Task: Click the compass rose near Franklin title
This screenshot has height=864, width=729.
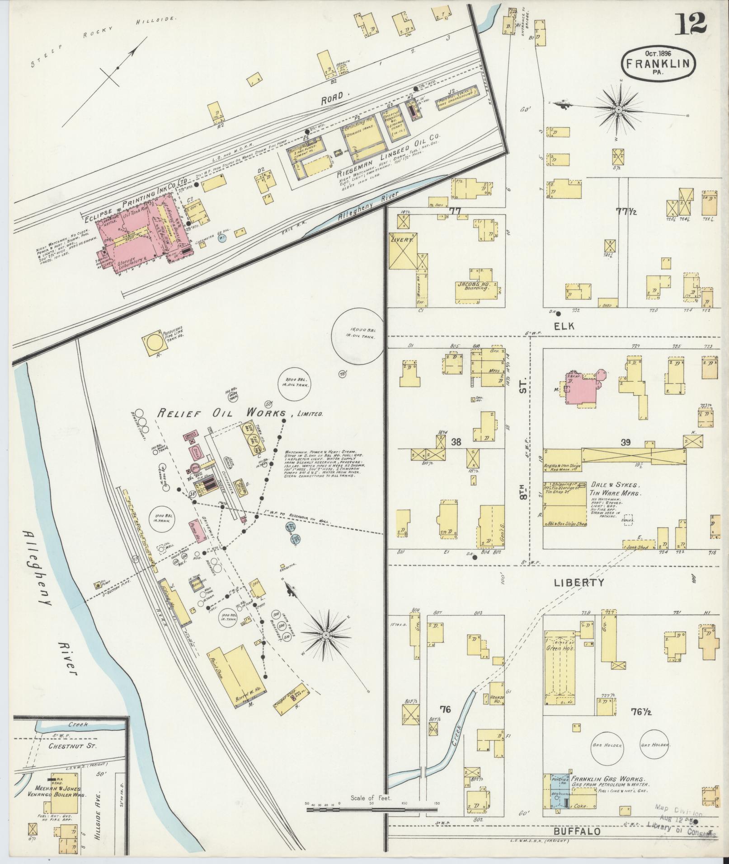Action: click(618, 109)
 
